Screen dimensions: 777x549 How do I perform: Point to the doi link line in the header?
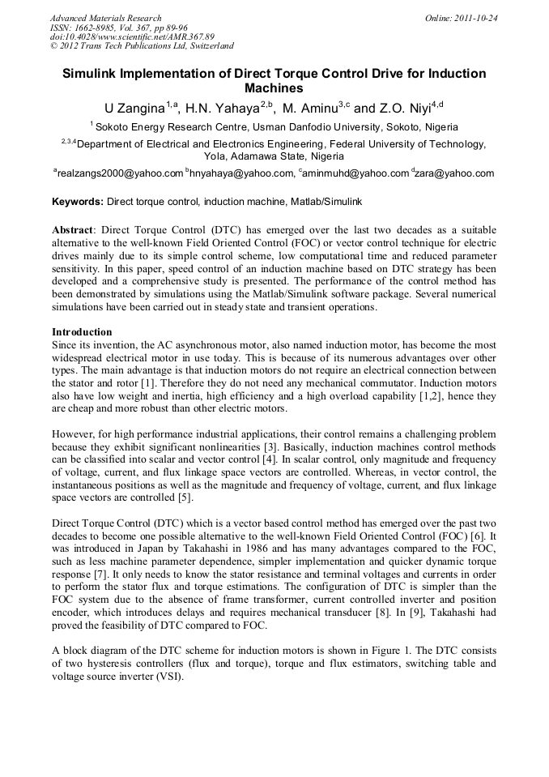[132, 37]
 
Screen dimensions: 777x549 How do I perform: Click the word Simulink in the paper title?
[98, 74]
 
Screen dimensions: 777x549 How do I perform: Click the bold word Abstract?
[72, 230]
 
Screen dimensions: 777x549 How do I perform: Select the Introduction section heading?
[82, 332]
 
